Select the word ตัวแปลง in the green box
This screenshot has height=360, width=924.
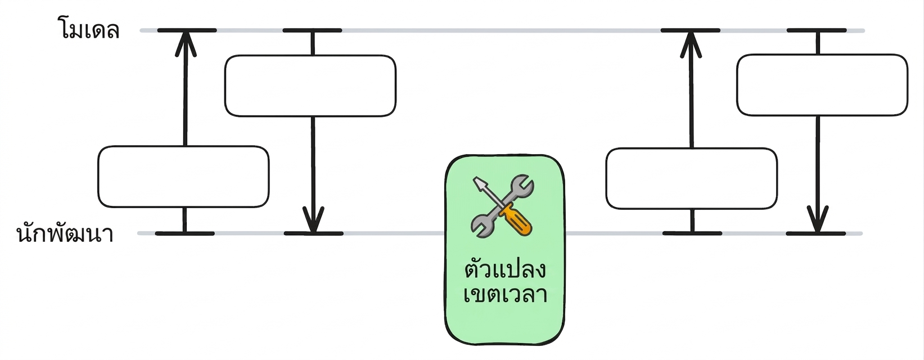click(506, 268)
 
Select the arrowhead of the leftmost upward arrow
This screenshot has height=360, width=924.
click(186, 43)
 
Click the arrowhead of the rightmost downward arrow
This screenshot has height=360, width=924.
click(818, 219)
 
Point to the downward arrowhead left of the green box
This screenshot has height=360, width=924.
click(313, 219)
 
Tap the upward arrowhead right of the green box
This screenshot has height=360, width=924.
click(691, 44)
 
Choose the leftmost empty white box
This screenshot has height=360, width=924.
click(183, 177)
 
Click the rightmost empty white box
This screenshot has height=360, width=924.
click(822, 85)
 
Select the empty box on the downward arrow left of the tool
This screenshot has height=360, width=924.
click(310, 85)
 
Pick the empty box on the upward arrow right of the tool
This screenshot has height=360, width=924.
click(692, 178)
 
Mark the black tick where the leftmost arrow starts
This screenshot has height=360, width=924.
click(185, 233)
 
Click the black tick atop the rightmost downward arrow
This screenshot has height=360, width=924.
click(817, 30)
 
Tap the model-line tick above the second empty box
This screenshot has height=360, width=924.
click(312, 30)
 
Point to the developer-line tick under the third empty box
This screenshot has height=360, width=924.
click(692, 233)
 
